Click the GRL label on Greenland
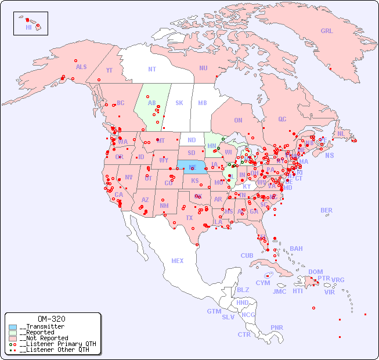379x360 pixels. click(x=327, y=31)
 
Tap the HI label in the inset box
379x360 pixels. click(x=28, y=27)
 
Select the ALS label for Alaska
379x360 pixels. click(x=81, y=67)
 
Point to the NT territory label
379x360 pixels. click(x=152, y=69)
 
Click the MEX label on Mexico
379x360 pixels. click(x=178, y=261)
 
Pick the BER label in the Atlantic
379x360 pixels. click(x=327, y=210)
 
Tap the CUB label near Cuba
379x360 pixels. click(x=247, y=255)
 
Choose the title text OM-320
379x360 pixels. click(x=51, y=319)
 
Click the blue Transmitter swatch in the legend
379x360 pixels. click(x=13, y=327)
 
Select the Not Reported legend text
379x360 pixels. click(x=43, y=338)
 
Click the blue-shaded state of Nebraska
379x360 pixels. click(x=192, y=167)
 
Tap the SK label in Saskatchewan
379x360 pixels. click(x=179, y=103)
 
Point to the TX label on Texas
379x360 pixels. click(x=189, y=218)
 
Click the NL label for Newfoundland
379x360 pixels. click(x=341, y=133)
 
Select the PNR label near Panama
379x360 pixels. click(x=277, y=327)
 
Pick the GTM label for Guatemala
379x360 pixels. click(x=214, y=311)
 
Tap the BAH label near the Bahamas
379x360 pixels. click(x=296, y=249)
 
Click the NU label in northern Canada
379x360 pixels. click(x=203, y=68)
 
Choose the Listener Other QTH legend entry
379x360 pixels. click(x=53, y=350)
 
